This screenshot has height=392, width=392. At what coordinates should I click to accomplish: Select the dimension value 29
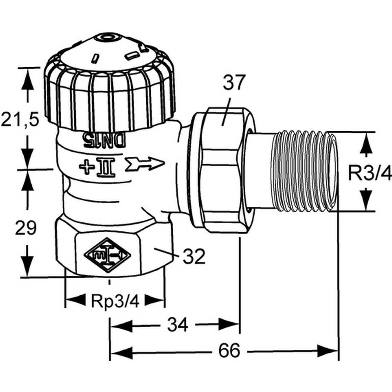click(x=26, y=228)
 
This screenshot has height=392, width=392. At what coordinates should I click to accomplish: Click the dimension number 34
click(x=178, y=325)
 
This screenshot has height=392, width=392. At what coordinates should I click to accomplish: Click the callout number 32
click(x=194, y=256)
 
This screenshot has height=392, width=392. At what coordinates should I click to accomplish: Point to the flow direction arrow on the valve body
click(x=144, y=162)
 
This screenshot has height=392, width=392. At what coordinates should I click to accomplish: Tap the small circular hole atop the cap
click(x=106, y=39)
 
